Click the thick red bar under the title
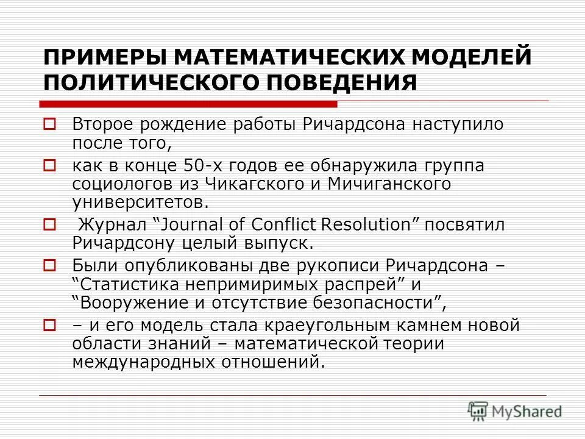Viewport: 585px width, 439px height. (188, 103)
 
